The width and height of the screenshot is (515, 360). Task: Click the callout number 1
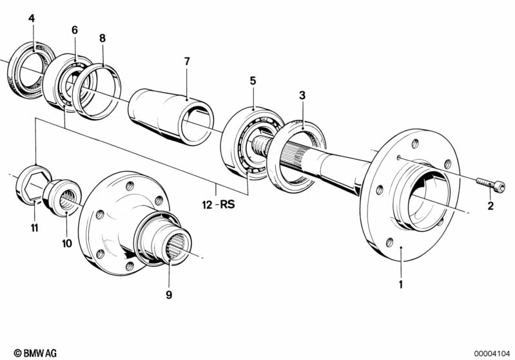[400, 284]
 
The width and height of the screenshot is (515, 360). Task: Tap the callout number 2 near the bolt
[491, 206]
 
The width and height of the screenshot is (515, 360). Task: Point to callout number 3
[302, 95]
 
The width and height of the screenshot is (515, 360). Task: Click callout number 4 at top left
[32, 18]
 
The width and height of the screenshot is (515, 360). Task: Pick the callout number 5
[253, 81]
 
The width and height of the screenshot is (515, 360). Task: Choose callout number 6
[75, 30]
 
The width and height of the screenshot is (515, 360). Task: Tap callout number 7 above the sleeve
[187, 61]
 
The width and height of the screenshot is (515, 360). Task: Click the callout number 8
[102, 38]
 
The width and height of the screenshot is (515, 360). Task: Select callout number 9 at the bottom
[169, 295]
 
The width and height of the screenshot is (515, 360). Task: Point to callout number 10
[66, 243]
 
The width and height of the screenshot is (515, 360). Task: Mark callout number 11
[35, 227]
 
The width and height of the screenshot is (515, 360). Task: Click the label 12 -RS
[219, 205]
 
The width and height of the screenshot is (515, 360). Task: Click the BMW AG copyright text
[35, 353]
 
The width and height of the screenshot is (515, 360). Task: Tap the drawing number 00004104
[492, 354]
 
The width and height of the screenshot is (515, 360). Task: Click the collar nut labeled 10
[62, 197]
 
